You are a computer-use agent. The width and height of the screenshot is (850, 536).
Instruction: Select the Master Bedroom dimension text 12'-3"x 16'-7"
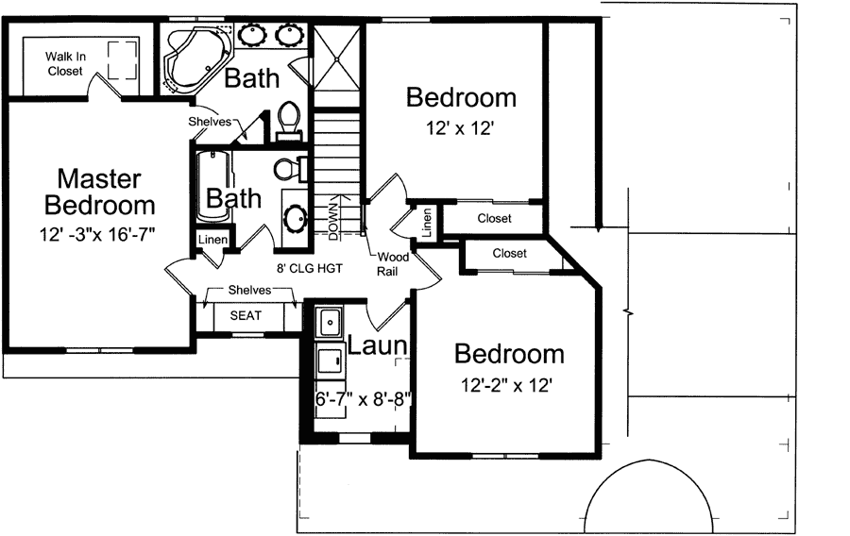97,232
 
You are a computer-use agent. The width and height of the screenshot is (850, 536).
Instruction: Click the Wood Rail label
391,263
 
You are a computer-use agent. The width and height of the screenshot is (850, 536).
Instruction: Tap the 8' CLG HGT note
307,268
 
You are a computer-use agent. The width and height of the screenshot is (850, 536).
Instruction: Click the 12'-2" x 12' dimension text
505,385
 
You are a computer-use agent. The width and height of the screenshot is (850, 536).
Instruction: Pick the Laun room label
377,345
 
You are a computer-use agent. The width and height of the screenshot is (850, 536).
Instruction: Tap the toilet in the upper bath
289,119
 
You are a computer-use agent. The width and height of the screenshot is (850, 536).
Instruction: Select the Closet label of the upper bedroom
494,219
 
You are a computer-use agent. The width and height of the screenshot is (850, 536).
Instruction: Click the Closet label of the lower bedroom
509,254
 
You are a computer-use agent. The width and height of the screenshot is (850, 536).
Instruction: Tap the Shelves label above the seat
247,291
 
